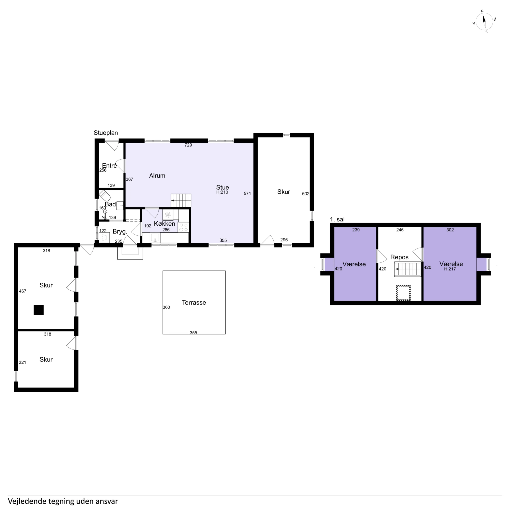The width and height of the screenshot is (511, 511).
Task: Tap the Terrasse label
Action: [194, 303]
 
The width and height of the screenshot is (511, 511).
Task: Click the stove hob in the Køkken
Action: [183, 227]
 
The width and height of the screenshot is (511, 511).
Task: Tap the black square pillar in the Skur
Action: [39, 310]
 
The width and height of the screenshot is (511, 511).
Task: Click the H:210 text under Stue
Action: [222, 192]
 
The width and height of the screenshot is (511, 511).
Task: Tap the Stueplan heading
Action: [106, 133]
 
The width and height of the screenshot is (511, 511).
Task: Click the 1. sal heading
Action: [337, 219]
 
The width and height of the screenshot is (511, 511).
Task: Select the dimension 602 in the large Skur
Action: [305, 194]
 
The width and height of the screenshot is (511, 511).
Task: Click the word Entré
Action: [109, 166]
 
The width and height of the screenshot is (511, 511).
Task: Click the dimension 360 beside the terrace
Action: [166, 307]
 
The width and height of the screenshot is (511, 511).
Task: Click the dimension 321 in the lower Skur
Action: [22, 362]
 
